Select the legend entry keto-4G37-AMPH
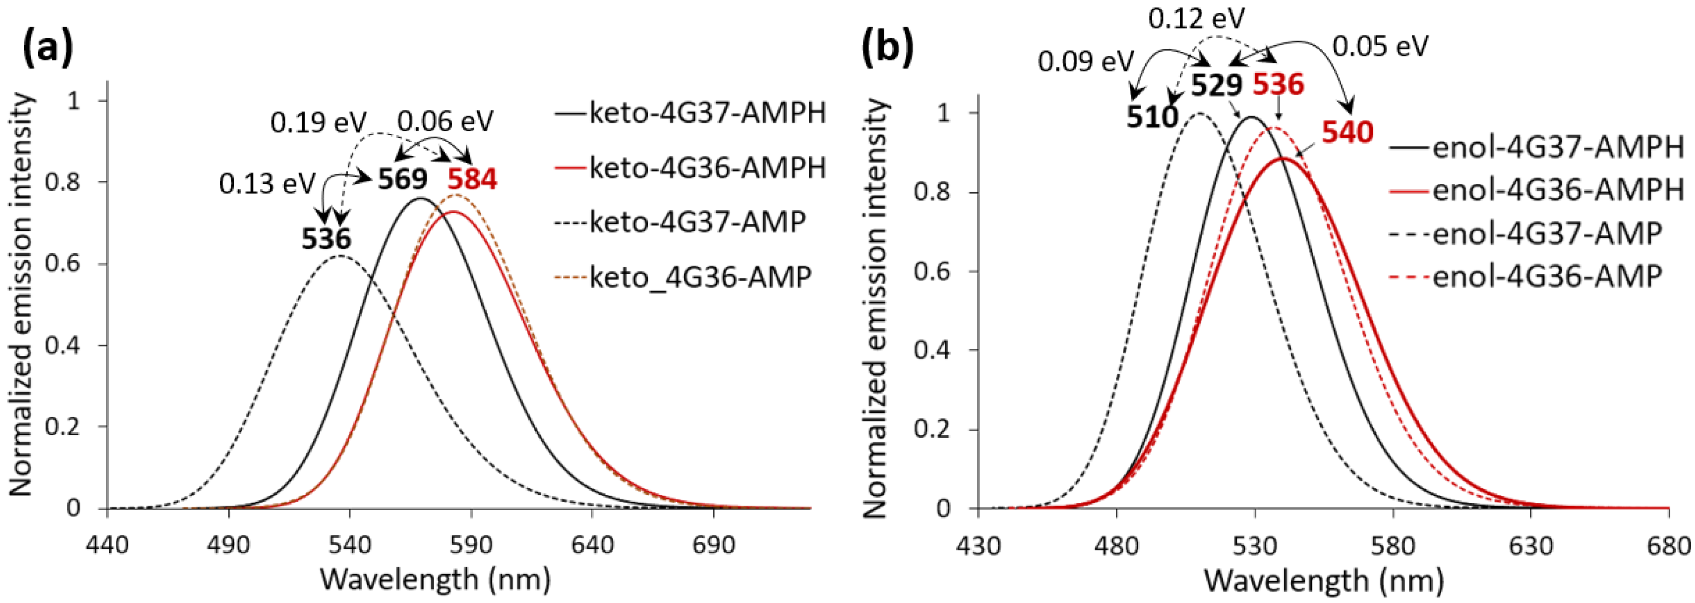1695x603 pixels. (x=707, y=113)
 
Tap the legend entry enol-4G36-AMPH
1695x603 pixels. (x=1557, y=191)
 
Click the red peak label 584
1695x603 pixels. (x=472, y=180)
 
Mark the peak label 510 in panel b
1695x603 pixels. (x=1151, y=117)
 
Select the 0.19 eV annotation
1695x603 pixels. (x=318, y=123)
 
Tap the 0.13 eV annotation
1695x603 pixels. (x=266, y=185)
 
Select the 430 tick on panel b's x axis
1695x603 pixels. (x=978, y=546)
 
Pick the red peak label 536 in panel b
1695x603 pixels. (x=1278, y=85)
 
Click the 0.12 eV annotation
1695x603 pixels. (x=1196, y=19)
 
